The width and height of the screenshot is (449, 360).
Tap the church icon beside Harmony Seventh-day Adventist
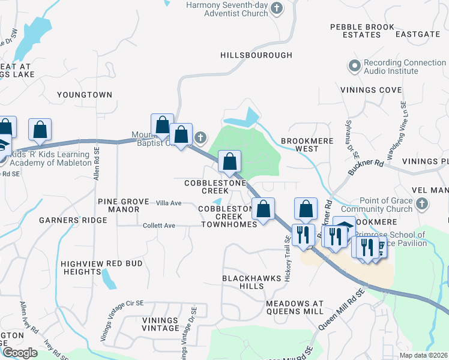276,8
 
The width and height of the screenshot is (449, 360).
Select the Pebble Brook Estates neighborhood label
355,31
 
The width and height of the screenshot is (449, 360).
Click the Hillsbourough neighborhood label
256,55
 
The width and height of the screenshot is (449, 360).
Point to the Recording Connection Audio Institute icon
355,64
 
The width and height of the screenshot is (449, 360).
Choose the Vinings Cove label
371,90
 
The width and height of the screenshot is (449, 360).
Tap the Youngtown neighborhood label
84,95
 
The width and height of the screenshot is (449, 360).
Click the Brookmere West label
307,144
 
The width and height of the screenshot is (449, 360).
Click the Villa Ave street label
168,203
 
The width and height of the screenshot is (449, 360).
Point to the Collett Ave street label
158,226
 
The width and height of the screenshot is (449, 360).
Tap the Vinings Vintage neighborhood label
160,324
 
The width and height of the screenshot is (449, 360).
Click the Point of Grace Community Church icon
423,204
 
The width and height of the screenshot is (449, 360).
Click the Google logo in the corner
20,353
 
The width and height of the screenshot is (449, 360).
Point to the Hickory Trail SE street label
287,247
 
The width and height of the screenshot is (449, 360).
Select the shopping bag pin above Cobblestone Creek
229,161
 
